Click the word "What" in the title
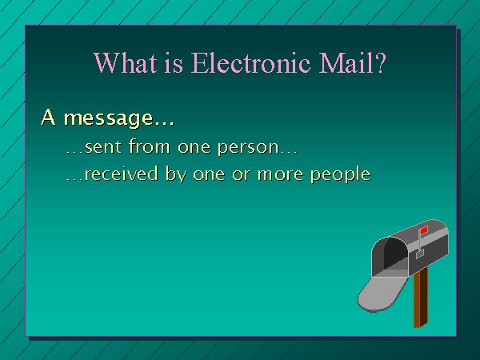point(125,62)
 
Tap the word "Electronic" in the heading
point(250,62)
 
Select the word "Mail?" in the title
point(352,62)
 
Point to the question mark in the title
point(380,62)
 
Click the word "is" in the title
point(174,63)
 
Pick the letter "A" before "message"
point(48,117)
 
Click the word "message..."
point(119,118)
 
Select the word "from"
point(149,146)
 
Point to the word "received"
point(121,174)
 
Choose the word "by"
point(176,174)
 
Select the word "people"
point(341,174)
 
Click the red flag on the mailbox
point(424,230)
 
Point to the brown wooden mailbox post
point(421,298)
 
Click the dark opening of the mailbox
point(395,254)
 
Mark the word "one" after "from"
point(194,147)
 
